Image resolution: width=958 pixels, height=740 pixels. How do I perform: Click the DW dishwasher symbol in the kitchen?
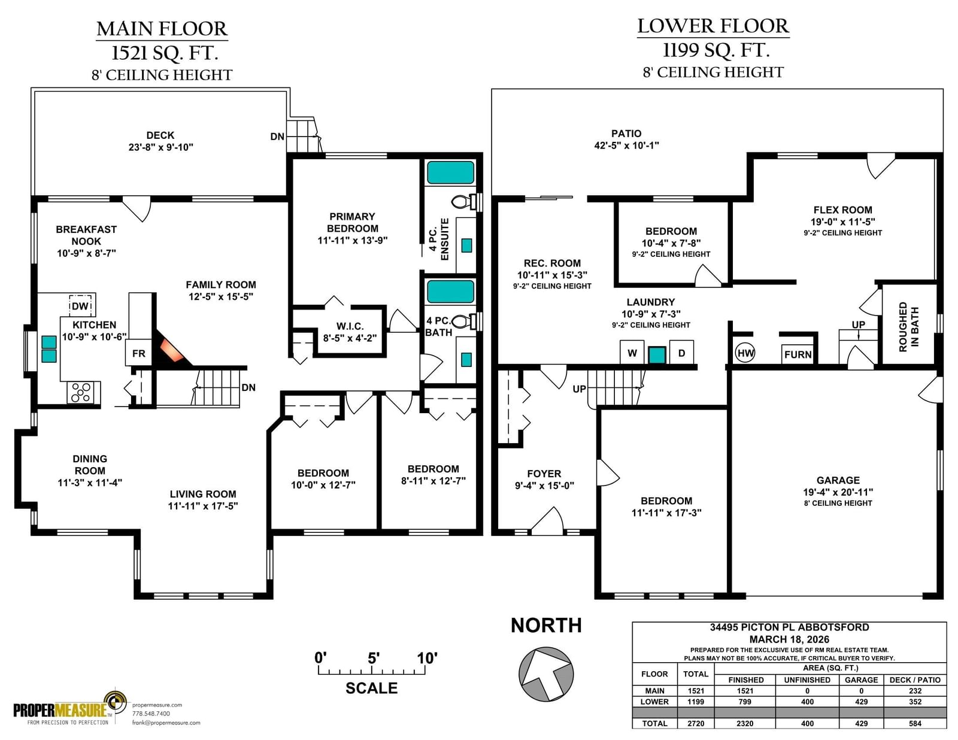pyautogui.click(x=81, y=305)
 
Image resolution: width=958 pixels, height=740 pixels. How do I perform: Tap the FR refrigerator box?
pyautogui.click(x=139, y=353)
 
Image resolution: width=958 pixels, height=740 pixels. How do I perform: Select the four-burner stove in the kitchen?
pyautogui.click(x=84, y=392)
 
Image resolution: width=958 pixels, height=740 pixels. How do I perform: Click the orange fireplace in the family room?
pyautogui.click(x=172, y=350)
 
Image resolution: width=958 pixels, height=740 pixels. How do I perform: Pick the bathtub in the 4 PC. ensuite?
pyautogui.click(x=451, y=172)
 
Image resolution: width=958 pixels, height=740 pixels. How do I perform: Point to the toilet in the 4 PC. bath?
pyautogui.click(x=464, y=322)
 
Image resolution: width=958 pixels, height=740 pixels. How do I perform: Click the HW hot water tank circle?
pyautogui.click(x=745, y=353)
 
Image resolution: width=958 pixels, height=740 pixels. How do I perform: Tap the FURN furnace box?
pyautogui.click(x=798, y=354)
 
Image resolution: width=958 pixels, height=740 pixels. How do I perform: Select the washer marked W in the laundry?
pyautogui.click(x=632, y=353)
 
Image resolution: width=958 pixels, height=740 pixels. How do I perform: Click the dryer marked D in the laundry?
pyautogui.click(x=681, y=353)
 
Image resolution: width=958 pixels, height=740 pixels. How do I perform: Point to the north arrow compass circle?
pyautogui.click(x=546, y=674)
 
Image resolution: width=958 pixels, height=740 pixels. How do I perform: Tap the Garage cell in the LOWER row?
pyautogui.click(x=862, y=702)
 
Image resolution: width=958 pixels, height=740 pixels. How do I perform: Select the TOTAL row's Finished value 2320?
pyautogui.click(x=745, y=723)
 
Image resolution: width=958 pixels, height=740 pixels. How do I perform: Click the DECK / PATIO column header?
pyautogui.click(x=915, y=680)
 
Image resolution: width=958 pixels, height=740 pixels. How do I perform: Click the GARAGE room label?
pyautogui.click(x=838, y=480)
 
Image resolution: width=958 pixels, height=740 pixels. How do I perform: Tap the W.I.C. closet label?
pyautogui.click(x=350, y=326)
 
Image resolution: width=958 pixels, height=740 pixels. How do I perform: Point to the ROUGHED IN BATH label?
pyautogui.click(x=909, y=326)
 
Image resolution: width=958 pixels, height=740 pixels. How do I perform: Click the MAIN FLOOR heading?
pyautogui.click(x=162, y=29)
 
